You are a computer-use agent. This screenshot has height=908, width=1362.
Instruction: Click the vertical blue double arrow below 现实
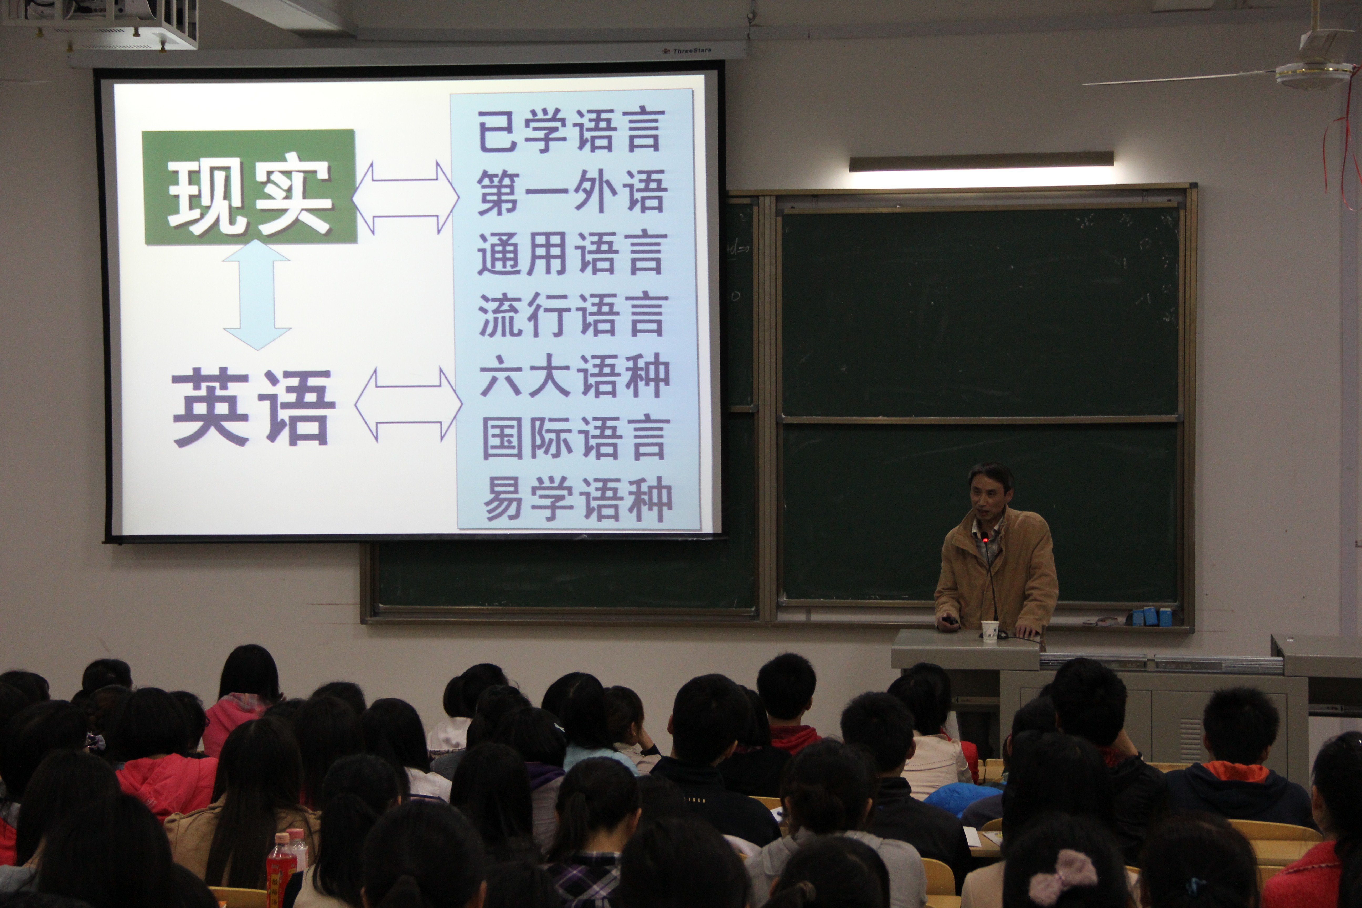click(256, 295)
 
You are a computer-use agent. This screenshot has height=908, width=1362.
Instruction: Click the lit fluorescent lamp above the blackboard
click(981, 163)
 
